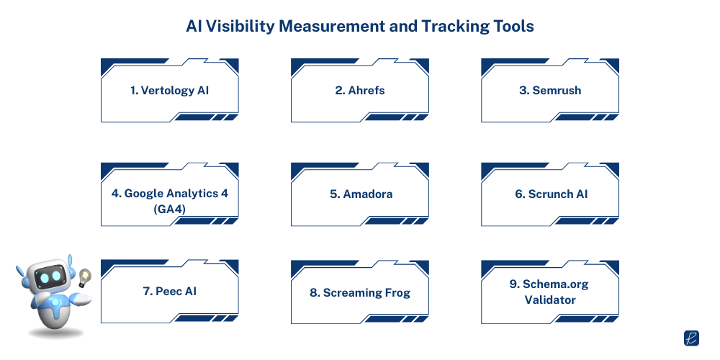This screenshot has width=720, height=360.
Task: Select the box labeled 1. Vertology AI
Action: [170, 91]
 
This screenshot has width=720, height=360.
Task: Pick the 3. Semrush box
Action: [550, 91]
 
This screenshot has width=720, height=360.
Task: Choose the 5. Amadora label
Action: [359, 194]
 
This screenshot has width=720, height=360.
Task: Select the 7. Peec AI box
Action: [170, 292]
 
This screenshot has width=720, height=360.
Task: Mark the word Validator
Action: [549, 299]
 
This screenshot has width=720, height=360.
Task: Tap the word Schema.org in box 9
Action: [557, 284]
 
